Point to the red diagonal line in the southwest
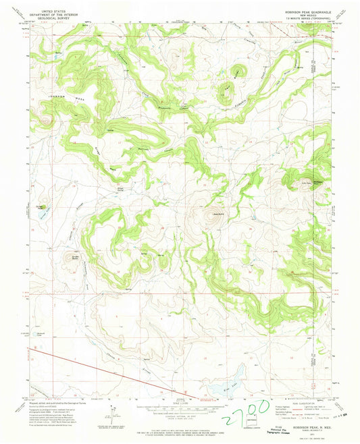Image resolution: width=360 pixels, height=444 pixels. coord(101,368)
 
